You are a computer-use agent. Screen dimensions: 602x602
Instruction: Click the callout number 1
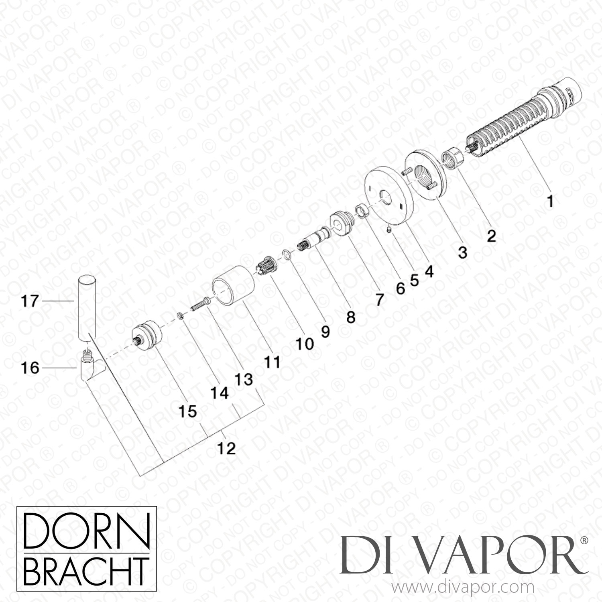(550, 201)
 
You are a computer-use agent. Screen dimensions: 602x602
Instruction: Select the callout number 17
(30, 301)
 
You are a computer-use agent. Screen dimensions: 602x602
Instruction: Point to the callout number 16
(30, 367)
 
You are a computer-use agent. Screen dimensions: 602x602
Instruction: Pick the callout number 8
(350, 317)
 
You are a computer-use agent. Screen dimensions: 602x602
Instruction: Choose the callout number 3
(462, 252)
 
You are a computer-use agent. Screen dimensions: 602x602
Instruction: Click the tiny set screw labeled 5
(387, 230)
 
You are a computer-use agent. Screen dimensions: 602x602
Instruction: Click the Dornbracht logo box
(86, 551)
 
